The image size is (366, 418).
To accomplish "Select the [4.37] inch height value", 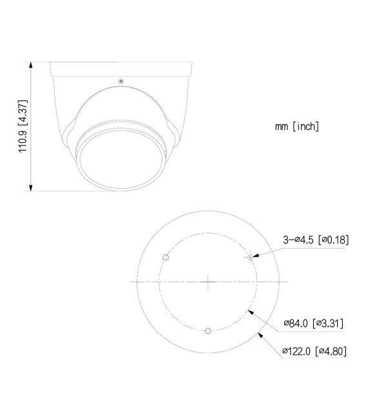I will pyautogui.click(x=23, y=104).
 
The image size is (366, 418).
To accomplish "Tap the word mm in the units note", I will pyautogui.click(x=281, y=127).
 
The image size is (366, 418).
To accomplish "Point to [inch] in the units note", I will pyautogui.click(x=305, y=127).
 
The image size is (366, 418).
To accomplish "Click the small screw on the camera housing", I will pyautogui.click(x=120, y=81).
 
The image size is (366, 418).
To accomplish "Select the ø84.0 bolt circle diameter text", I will pyautogui.click(x=296, y=323).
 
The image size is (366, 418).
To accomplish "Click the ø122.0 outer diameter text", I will pyautogui.click(x=296, y=351).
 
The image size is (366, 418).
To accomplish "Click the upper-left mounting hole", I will pyautogui.click(x=166, y=258).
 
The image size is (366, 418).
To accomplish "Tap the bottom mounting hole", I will pyautogui.click(x=207, y=331).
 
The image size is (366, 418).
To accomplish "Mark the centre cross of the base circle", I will pyautogui.click(x=207, y=281).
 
